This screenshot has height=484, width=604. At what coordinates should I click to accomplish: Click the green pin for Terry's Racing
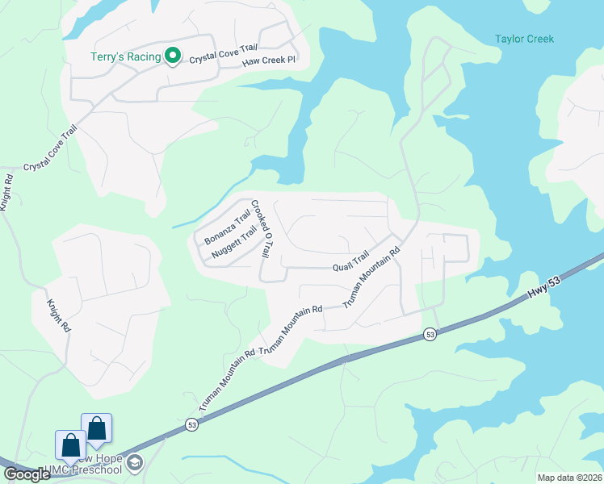point(172,56)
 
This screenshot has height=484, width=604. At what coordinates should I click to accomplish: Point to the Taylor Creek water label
point(524,39)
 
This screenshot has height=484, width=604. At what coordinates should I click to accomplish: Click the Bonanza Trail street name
point(227,227)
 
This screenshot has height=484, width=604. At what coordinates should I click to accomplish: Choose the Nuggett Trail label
point(233,243)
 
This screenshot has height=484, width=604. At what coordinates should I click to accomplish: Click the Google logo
point(27,474)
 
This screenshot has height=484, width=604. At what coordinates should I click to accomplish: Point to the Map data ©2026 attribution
point(569,478)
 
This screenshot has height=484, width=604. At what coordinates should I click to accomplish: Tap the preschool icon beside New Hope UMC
point(134,462)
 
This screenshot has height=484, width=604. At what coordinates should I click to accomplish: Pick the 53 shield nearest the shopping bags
point(191,423)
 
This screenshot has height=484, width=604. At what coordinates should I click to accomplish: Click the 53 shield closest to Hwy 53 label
point(430,334)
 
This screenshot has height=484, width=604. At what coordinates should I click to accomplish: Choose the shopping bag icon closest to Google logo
point(70,446)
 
